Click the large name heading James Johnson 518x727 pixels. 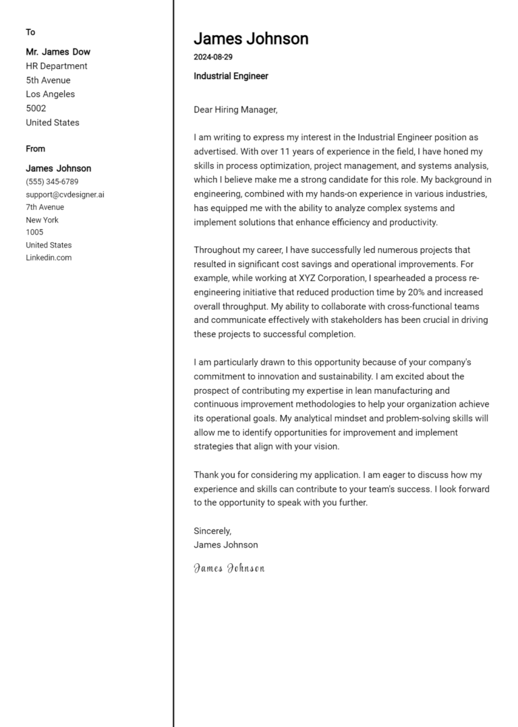[251, 38]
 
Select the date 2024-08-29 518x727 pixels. [213, 57]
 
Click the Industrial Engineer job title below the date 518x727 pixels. [231, 76]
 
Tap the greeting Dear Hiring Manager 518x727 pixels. [235, 109]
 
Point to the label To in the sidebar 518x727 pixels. [30, 32]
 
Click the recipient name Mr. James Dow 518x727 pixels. [58, 52]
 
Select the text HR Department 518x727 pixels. [57, 66]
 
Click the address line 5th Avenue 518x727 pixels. [48, 80]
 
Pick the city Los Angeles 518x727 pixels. [51, 94]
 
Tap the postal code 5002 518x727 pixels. [36, 109]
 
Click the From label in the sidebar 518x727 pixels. [36, 149]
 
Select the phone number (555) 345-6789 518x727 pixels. [52, 182]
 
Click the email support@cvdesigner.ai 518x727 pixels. [65, 195]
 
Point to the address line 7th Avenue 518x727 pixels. [45, 207]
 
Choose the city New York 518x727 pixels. [42, 220]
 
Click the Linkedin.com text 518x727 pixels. [49, 258]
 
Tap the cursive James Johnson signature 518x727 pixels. [229, 568]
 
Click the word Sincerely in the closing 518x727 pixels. [212, 531]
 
